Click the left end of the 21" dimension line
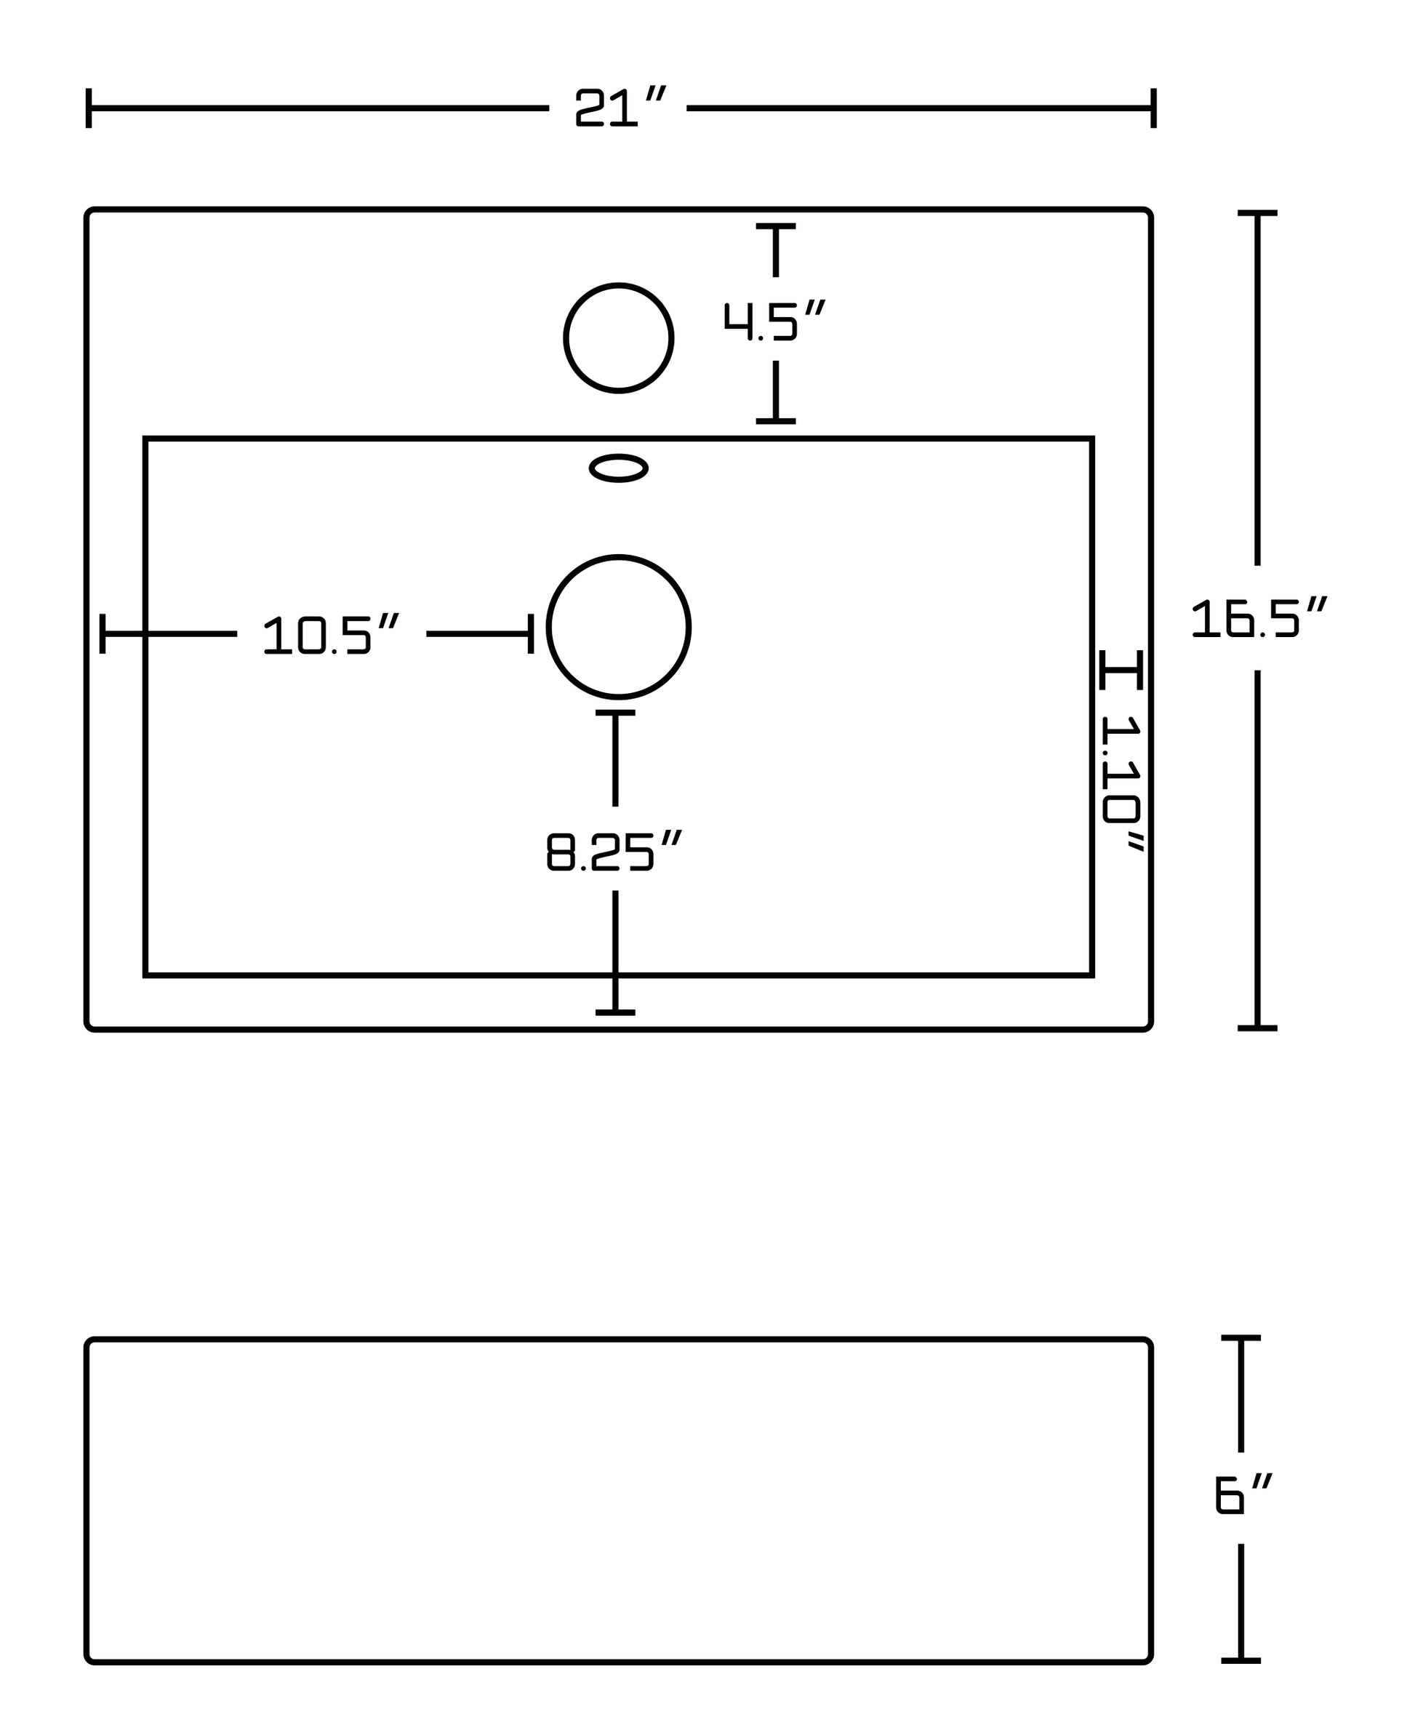pyautogui.click(x=89, y=108)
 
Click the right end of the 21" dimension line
pyautogui.click(x=1153, y=108)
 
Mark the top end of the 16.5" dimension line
pyautogui.click(x=1257, y=214)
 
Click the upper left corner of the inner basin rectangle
pyautogui.click(x=146, y=439)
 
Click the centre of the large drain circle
pyautogui.click(x=619, y=627)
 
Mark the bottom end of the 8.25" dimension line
pyautogui.click(x=615, y=1012)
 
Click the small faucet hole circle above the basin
pyautogui.click(x=619, y=338)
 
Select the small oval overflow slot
pyautogui.click(x=619, y=468)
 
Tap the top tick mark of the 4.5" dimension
pyautogui.click(x=776, y=225)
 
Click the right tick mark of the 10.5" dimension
pyautogui.click(x=531, y=633)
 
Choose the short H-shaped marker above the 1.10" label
pyautogui.click(x=1121, y=669)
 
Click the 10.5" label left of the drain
pyautogui.click(x=331, y=633)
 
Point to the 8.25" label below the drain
pyautogui.click(x=613, y=851)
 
